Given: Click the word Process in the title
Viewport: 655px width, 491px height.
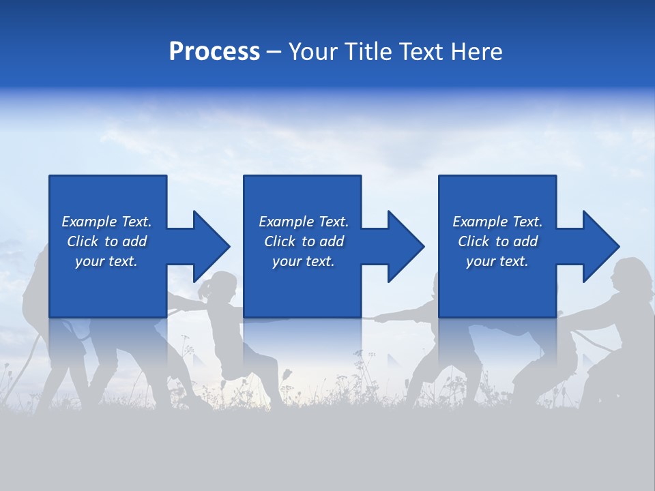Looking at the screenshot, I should coord(214,51).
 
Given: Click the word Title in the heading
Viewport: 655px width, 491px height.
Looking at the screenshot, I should coord(367,51).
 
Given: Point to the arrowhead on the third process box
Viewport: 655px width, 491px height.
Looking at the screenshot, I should coord(600,246).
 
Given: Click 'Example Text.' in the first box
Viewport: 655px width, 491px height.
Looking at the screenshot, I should coord(106,222).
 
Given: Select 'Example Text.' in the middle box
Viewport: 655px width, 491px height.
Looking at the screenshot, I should coord(303,222).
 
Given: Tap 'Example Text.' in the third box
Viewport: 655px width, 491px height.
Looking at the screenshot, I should coord(497,222).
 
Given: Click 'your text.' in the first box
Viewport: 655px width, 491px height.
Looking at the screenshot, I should coord(106,261).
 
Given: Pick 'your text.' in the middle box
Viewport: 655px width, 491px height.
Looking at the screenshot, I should coord(303,261).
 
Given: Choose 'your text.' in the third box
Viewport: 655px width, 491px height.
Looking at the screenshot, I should coord(497,261).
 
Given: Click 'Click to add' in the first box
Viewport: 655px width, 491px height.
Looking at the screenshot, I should coord(106,241).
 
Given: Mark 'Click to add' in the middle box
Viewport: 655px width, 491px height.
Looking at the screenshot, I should coord(303,241).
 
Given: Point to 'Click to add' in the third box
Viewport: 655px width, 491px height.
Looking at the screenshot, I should coord(497,241).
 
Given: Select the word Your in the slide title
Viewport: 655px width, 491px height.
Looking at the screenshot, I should coord(315,51).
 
